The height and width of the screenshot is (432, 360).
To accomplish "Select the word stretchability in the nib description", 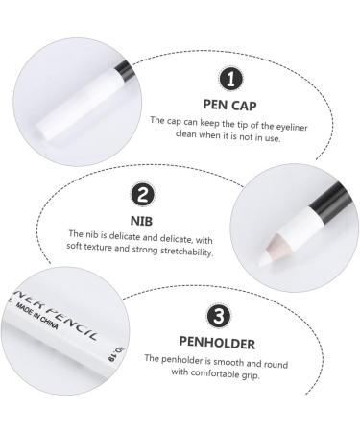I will (181, 252).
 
